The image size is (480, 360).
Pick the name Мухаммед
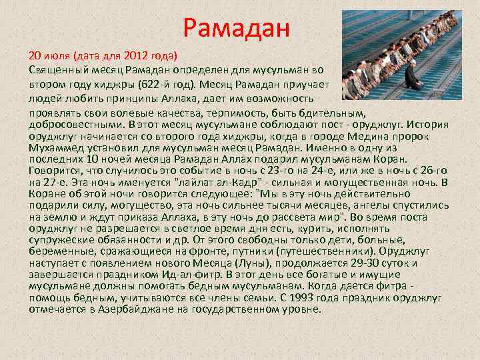click(x=56, y=147)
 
